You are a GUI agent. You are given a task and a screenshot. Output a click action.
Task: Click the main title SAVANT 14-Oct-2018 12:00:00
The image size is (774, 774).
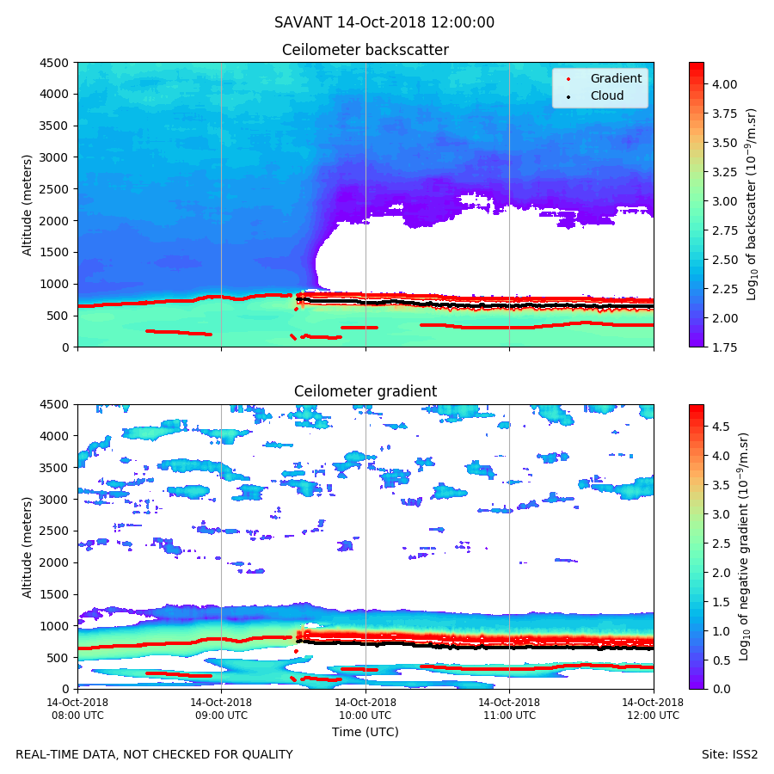(x=384, y=23)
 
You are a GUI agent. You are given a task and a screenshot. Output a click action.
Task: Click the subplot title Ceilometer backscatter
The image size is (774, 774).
(x=365, y=51)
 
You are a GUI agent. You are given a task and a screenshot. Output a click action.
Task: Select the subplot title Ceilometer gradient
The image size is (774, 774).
(x=365, y=392)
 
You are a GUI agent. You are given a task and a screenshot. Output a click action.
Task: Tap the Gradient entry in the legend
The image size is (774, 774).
(x=615, y=78)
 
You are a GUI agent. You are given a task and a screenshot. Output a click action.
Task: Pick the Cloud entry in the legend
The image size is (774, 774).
(x=606, y=95)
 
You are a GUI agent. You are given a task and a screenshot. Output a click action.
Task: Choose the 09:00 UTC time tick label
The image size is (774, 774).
(x=221, y=709)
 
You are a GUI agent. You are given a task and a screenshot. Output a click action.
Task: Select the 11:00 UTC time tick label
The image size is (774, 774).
(x=509, y=709)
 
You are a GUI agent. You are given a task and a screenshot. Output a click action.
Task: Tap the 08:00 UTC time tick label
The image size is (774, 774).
(x=77, y=709)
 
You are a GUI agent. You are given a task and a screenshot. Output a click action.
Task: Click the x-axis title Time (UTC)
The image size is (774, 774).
(x=365, y=733)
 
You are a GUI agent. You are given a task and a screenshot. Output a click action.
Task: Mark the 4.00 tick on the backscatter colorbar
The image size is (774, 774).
(x=724, y=84)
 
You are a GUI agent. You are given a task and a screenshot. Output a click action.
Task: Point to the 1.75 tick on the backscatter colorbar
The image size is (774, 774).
(x=724, y=347)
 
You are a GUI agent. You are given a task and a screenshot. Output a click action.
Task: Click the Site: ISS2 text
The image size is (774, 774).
(x=729, y=755)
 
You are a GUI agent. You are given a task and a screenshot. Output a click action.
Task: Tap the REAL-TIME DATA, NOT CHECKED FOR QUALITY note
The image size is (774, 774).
(x=154, y=755)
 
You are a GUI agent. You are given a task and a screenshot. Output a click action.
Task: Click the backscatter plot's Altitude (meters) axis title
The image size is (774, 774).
(x=28, y=205)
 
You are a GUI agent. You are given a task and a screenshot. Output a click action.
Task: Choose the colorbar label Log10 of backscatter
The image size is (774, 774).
(x=752, y=205)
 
